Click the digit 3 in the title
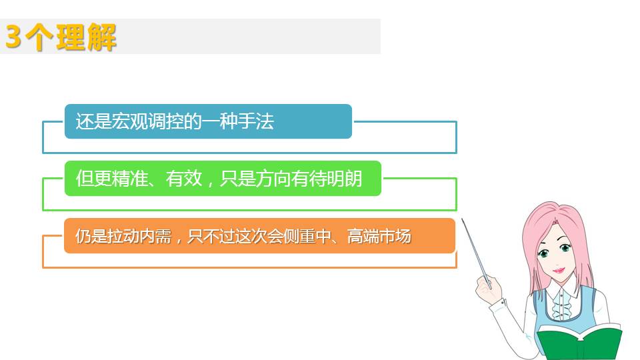point(13,37)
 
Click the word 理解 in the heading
point(87,37)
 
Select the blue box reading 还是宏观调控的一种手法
point(208,121)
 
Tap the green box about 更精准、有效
point(223,179)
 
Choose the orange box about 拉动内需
point(259,236)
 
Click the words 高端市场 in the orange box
point(379,236)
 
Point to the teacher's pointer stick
point(476,252)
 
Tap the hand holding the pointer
point(489,289)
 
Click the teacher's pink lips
point(559,270)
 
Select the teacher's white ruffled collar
point(563,302)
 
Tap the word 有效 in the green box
point(184,179)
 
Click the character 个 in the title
point(39,37)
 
